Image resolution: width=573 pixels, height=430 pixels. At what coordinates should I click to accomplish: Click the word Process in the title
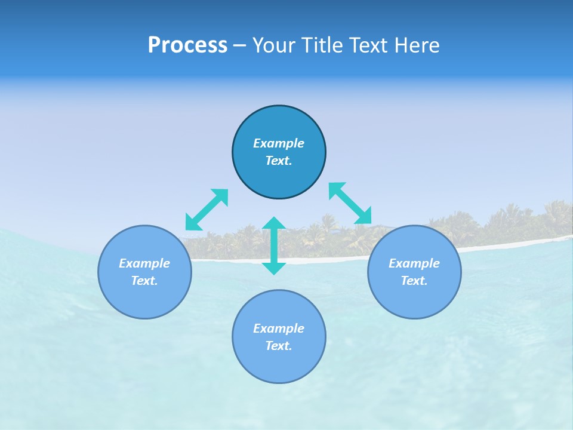pos(187,45)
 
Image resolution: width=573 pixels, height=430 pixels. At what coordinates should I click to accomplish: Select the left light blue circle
pos(144,299)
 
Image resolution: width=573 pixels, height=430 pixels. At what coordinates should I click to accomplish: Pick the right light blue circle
pos(414,299)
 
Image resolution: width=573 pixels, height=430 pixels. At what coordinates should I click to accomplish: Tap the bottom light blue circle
pos(279,364)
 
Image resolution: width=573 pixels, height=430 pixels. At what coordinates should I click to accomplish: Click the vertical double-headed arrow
pos(274,245)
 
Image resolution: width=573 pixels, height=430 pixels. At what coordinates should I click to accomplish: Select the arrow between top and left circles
pos(207,209)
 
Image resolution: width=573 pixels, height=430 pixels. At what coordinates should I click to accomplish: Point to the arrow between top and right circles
pos(350,203)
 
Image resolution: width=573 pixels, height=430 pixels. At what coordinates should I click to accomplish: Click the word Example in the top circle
pos(279,143)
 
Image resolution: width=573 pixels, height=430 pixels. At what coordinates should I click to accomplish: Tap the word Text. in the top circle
pos(279,161)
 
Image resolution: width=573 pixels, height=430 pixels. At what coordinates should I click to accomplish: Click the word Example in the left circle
pos(144,263)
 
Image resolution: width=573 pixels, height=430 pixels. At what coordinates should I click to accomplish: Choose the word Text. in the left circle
pos(144,281)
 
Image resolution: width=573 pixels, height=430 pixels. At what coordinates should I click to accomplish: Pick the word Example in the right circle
pos(414,263)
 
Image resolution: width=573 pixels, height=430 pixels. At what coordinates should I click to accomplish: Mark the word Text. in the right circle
pos(414,281)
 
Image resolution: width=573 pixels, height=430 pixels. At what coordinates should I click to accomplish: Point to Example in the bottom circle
pos(279,328)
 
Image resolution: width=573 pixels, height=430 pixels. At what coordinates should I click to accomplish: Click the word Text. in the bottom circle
pos(279,346)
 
